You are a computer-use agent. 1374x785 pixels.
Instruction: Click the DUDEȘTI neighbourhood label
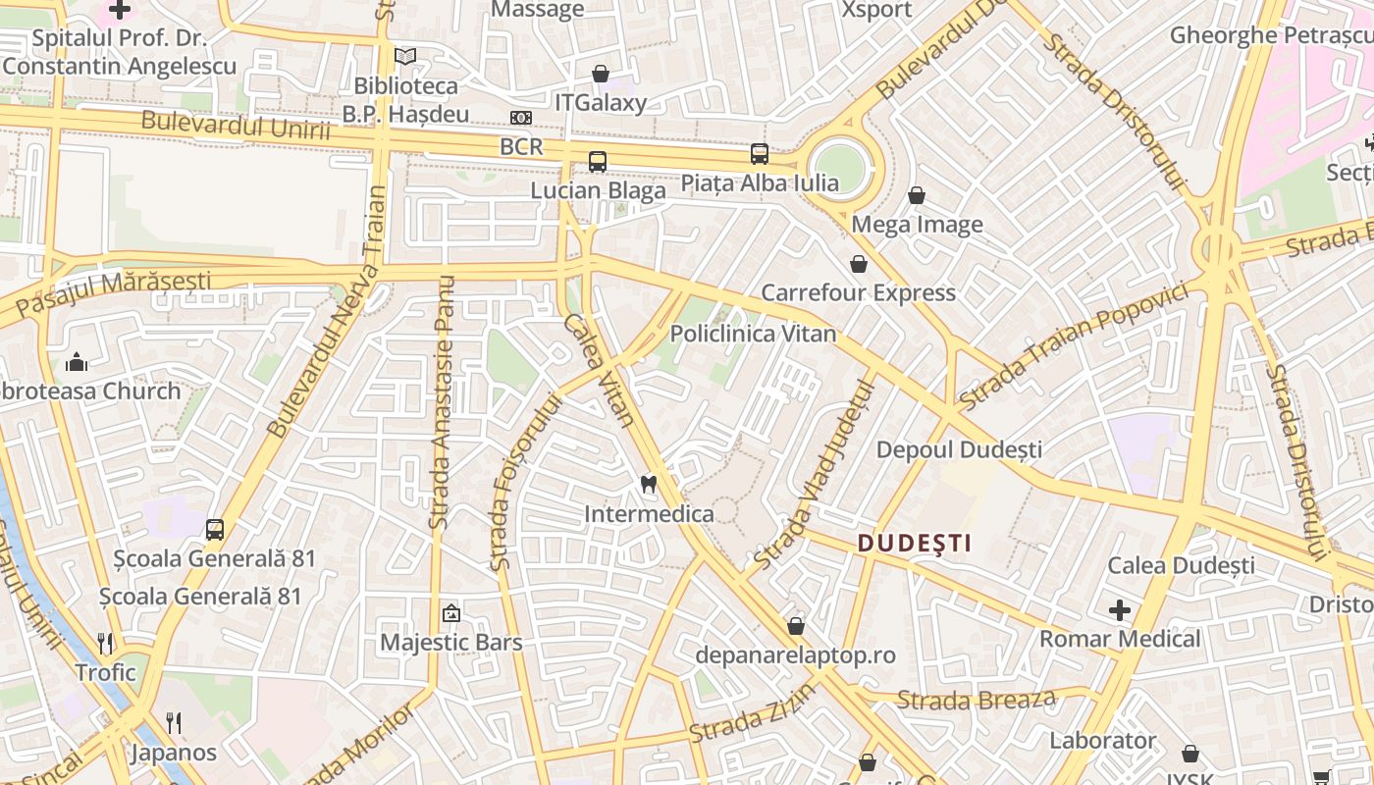pos(914,543)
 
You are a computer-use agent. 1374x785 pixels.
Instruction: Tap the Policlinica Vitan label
pos(753,334)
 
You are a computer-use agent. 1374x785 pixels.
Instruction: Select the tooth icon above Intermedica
pos(648,483)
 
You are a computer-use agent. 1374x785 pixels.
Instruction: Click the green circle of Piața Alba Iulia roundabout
pos(840,169)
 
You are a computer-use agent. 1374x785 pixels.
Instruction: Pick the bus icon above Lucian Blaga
pos(597,161)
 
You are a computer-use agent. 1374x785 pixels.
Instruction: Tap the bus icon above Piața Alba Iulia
pos(760,153)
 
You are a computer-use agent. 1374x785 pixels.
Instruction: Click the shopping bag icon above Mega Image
pos(917,195)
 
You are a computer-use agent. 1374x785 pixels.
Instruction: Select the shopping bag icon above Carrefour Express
pos(859,264)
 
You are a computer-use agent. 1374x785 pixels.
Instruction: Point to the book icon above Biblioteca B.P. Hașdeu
pos(405,57)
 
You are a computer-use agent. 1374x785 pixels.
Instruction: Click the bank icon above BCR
pos(521,118)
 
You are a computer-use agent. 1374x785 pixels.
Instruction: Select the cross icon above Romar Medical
pos(1120,610)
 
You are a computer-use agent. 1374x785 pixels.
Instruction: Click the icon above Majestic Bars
pos(450,613)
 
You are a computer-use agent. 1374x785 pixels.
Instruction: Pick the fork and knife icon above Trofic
pos(106,644)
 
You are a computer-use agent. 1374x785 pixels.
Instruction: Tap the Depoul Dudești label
pos(959,449)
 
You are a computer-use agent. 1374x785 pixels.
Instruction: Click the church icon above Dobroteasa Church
pos(77,362)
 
